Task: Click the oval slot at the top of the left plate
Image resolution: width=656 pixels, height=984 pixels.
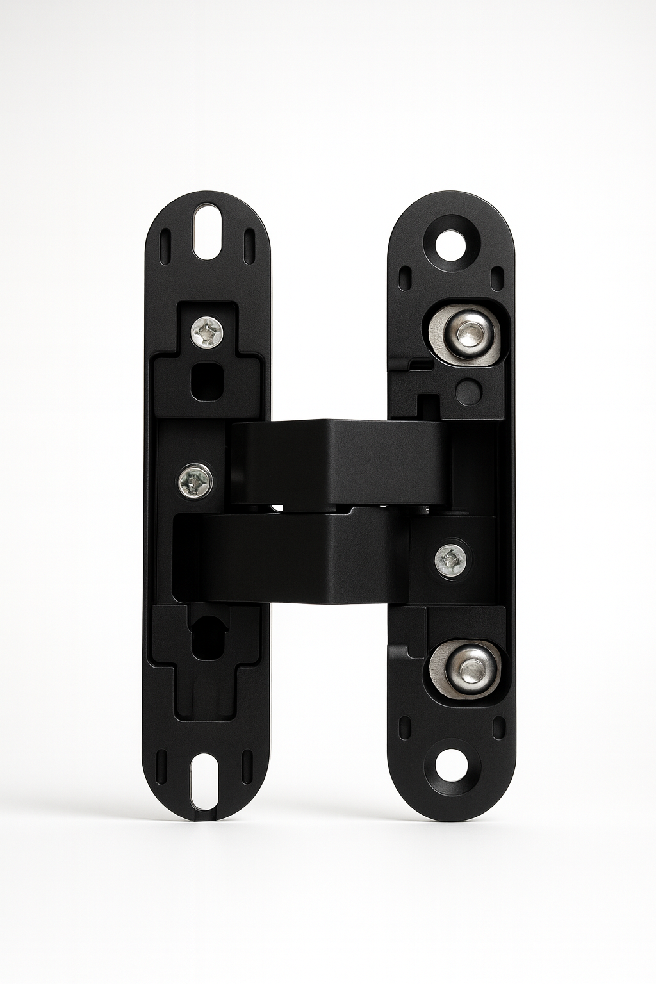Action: click(208, 232)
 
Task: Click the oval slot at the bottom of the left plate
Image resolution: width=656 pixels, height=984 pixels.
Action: click(208, 779)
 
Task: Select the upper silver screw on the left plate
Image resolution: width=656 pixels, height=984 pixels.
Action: click(208, 331)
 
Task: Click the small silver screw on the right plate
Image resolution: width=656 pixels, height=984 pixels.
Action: click(451, 560)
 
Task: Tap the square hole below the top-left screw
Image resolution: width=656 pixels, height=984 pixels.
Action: click(207, 379)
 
